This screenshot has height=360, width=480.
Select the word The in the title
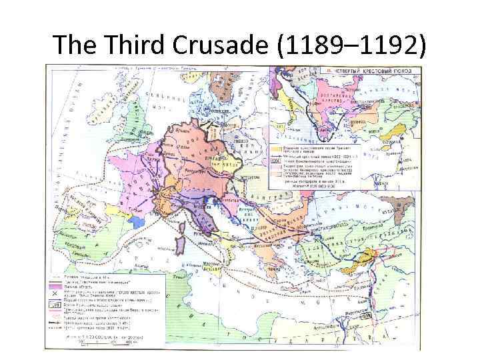[71, 45]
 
